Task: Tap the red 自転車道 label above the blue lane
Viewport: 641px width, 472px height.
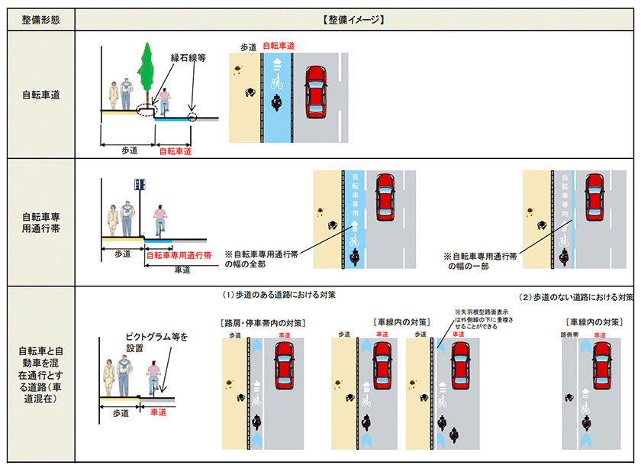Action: pos(279,46)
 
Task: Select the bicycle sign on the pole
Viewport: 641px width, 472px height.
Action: pos(140,184)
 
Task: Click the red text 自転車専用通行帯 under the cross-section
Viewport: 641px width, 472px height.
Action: pos(178,257)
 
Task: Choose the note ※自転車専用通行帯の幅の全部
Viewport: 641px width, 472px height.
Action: pos(262,258)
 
